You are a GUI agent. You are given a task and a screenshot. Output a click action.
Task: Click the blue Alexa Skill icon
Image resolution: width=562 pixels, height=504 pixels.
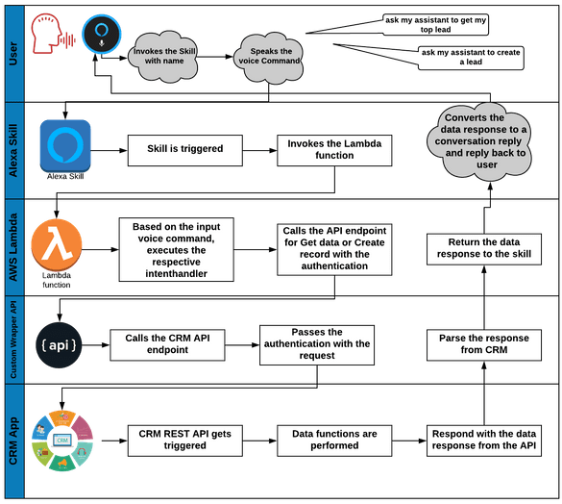tap(65, 144)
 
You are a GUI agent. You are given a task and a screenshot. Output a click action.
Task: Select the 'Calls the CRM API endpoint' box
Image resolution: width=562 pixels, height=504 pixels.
tap(167, 344)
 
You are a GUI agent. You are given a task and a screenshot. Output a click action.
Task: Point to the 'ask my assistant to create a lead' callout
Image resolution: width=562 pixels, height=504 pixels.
tap(471, 58)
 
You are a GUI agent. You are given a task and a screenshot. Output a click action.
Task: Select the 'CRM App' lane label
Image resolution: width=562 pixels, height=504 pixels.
tap(14, 440)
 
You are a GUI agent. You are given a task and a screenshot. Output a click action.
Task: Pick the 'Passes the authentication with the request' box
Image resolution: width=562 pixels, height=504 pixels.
tap(315, 344)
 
